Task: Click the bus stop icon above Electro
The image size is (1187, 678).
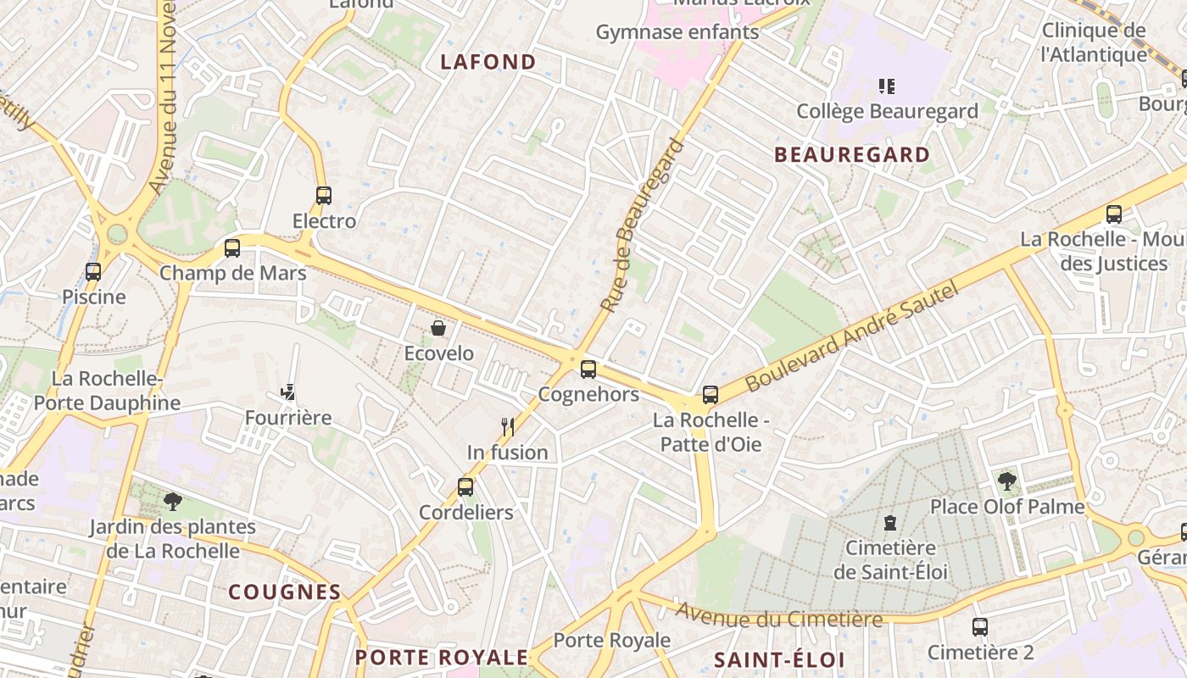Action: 323,196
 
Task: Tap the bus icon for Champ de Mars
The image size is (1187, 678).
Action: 232,248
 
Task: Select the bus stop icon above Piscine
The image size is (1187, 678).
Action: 93,272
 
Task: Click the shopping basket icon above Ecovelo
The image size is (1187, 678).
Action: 438,328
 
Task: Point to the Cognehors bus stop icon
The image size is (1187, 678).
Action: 588,370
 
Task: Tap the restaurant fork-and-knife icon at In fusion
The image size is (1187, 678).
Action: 508,426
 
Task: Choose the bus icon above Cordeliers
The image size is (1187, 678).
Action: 465,487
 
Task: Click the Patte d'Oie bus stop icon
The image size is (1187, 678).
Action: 711,395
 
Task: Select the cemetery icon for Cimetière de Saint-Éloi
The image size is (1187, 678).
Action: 890,523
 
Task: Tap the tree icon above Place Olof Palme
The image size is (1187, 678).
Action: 1007,481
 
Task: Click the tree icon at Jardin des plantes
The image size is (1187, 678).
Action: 173,501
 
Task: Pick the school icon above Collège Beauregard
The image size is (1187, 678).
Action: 887,86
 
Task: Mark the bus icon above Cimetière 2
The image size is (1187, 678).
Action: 980,627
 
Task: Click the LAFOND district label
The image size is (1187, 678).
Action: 488,62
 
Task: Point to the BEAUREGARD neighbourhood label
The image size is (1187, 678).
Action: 852,155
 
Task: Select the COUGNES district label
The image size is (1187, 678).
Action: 284,592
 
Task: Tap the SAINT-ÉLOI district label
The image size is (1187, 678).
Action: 779,659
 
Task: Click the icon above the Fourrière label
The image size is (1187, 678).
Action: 288,392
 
